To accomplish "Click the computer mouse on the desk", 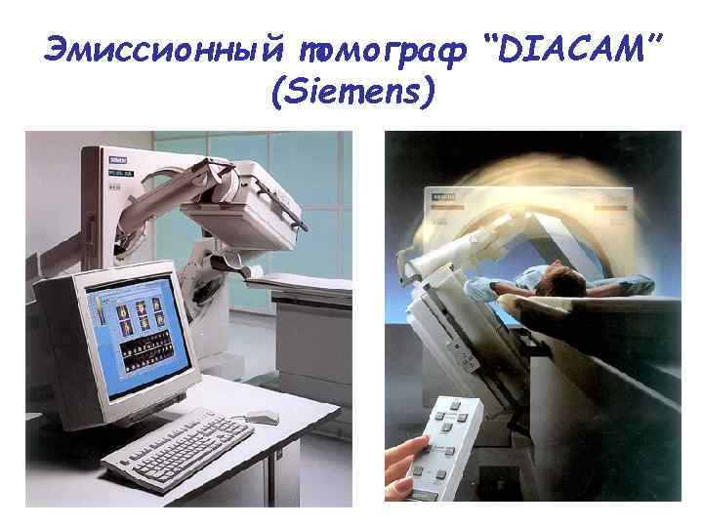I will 261,417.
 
